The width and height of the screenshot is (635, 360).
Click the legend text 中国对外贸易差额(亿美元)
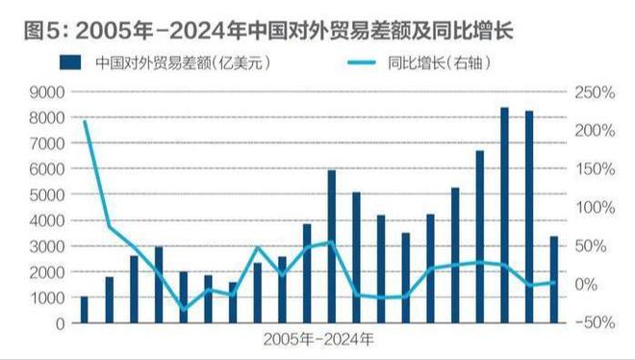(x=180, y=64)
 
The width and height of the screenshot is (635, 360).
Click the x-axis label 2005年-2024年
(x=318, y=340)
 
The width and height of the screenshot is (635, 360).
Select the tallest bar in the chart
(x=504, y=217)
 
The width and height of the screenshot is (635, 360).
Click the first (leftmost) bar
(x=85, y=310)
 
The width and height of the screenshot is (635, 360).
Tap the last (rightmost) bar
(x=553, y=280)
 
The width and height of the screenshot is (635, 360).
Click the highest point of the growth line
(x=85, y=121)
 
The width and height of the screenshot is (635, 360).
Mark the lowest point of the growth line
(x=184, y=309)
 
